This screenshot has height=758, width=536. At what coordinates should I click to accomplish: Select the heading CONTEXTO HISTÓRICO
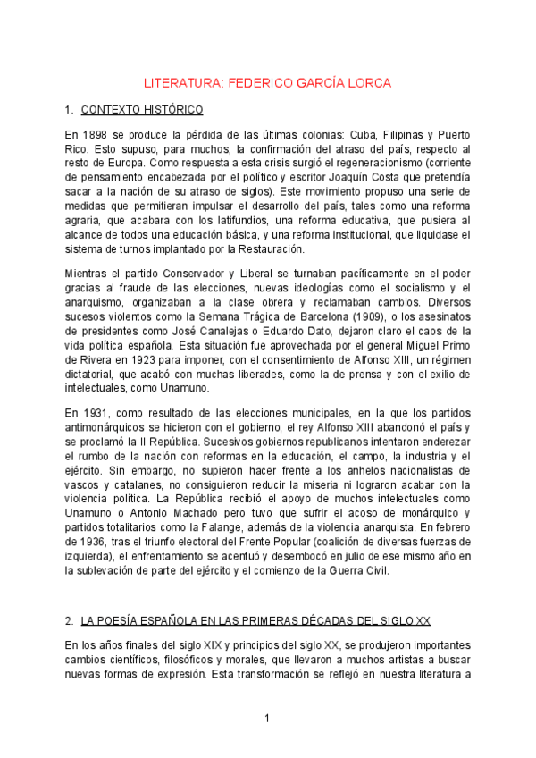point(142,111)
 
